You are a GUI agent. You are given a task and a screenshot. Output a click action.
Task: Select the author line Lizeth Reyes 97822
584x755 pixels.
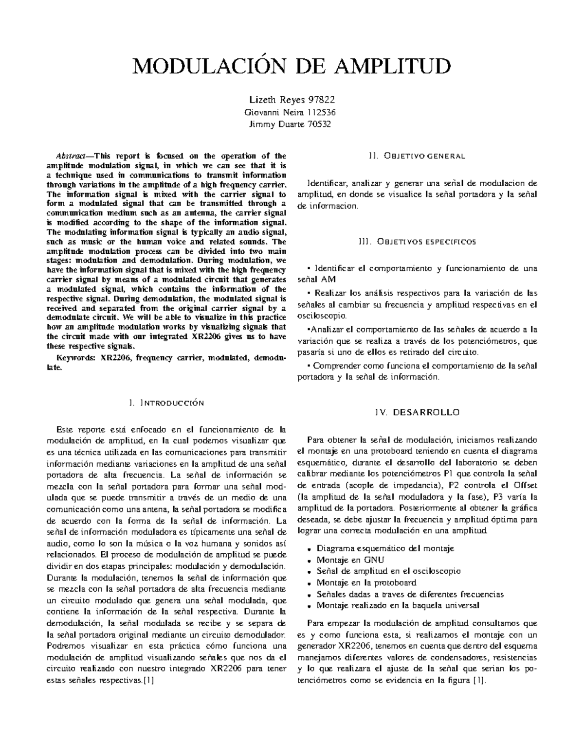[292, 101]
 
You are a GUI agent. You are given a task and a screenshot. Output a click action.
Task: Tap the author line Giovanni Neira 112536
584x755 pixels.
[292, 112]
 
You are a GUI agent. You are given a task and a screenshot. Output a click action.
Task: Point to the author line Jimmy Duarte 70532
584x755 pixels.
[292, 124]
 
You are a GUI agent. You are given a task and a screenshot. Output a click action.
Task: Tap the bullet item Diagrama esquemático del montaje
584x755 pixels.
[385, 548]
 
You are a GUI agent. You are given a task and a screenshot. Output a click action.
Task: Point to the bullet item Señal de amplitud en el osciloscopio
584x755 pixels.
[388, 571]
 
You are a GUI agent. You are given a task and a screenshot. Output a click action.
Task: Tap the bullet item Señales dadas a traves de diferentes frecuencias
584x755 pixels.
[410, 594]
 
